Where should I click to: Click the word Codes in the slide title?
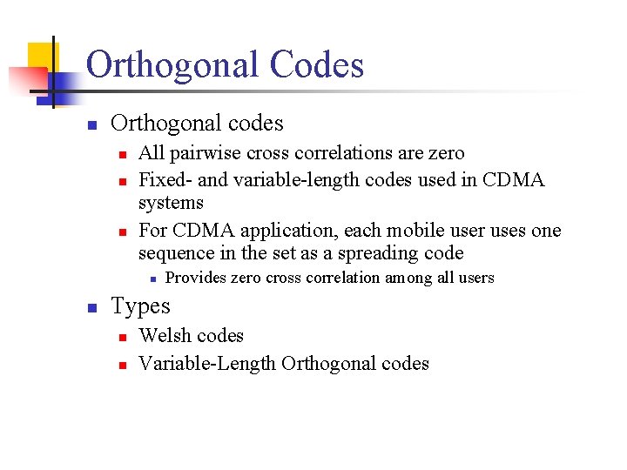[317, 65]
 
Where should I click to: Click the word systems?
[171, 204]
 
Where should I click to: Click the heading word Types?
[140, 307]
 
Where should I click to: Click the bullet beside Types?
[91, 308]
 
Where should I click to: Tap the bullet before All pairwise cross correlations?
[123, 155]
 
